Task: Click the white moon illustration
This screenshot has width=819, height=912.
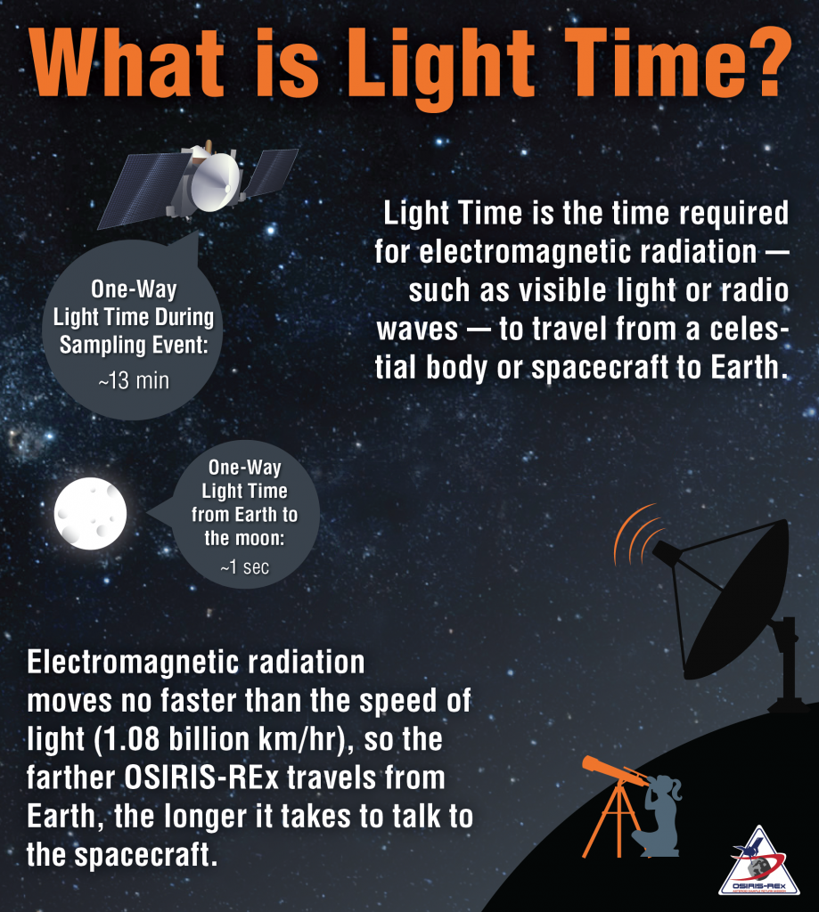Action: [x=90, y=514]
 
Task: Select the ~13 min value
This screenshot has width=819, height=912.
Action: [x=134, y=381]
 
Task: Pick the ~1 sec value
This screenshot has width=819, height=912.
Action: [x=244, y=566]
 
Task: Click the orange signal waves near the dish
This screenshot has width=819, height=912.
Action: [x=635, y=533]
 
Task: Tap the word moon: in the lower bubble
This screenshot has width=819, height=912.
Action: [x=262, y=539]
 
